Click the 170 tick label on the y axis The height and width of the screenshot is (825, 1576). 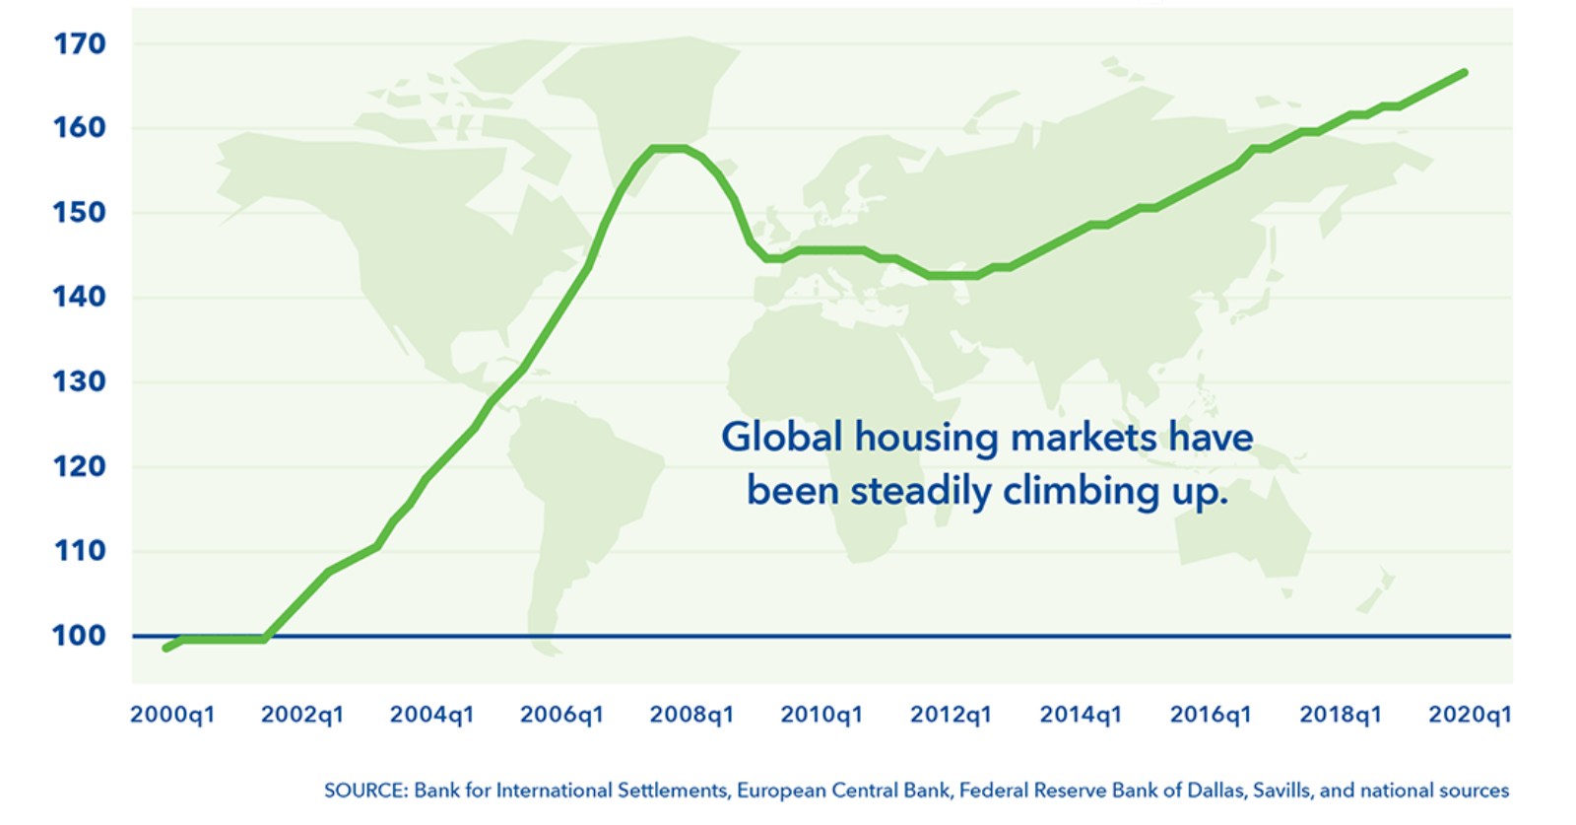[x=80, y=44]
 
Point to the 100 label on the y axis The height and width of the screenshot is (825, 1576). [x=80, y=637]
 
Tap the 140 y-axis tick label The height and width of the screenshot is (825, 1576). [x=80, y=298]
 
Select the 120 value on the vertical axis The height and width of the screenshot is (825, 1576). [x=80, y=466]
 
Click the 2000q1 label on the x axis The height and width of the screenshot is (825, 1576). [x=172, y=716]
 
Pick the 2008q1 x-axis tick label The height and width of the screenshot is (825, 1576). [x=691, y=716]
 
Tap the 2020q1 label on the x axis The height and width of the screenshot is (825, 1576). [x=1470, y=716]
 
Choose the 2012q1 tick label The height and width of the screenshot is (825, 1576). [x=952, y=716]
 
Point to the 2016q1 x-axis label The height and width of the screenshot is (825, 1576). [x=1211, y=716]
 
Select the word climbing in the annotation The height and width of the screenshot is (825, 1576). [x=1081, y=490]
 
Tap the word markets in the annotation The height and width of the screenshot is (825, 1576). [x=1084, y=438]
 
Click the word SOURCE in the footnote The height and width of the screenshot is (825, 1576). [x=365, y=791]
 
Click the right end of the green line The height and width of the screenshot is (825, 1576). [x=1465, y=73]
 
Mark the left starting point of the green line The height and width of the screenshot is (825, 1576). [x=166, y=648]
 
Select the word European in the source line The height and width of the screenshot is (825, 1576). [x=777, y=791]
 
